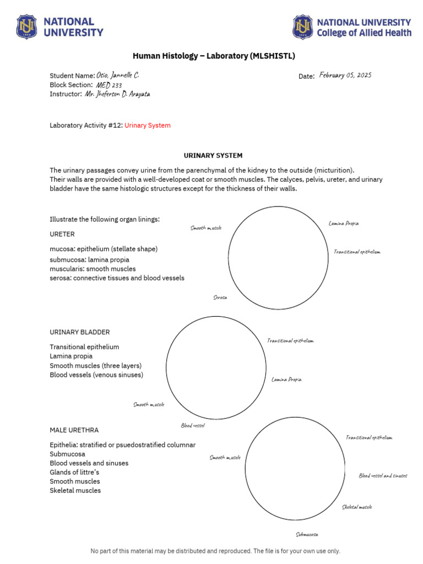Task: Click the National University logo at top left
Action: click(x=27, y=27)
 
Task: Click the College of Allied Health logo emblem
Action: click(x=302, y=27)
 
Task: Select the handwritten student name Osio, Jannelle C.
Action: click(x=114, y=75)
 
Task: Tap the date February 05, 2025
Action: click(x=345, y=75)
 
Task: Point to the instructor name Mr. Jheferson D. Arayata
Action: click(x=117, y=94)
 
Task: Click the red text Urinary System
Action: click(x=148, y=126)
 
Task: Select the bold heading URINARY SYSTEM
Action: click(x=213, y=156)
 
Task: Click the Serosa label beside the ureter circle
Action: click(x=220, y=297)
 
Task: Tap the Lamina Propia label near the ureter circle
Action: click(x=344, y=224)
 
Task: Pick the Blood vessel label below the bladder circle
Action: click(x=193, y=425)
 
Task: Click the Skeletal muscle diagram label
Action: click(x=357, y=507)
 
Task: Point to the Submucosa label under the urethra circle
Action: click(x=307, y=534)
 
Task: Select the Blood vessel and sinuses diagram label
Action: click(x=383, y=476)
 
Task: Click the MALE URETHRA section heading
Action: click(x=74, y=430)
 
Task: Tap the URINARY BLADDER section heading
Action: click(x=80, y=332)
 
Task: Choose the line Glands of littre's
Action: click(x=74, y=472)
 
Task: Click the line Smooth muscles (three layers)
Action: click(x=95, y=366)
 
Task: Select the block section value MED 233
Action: click(x=109, y=85)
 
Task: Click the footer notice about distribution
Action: click(x=215, y=551)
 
